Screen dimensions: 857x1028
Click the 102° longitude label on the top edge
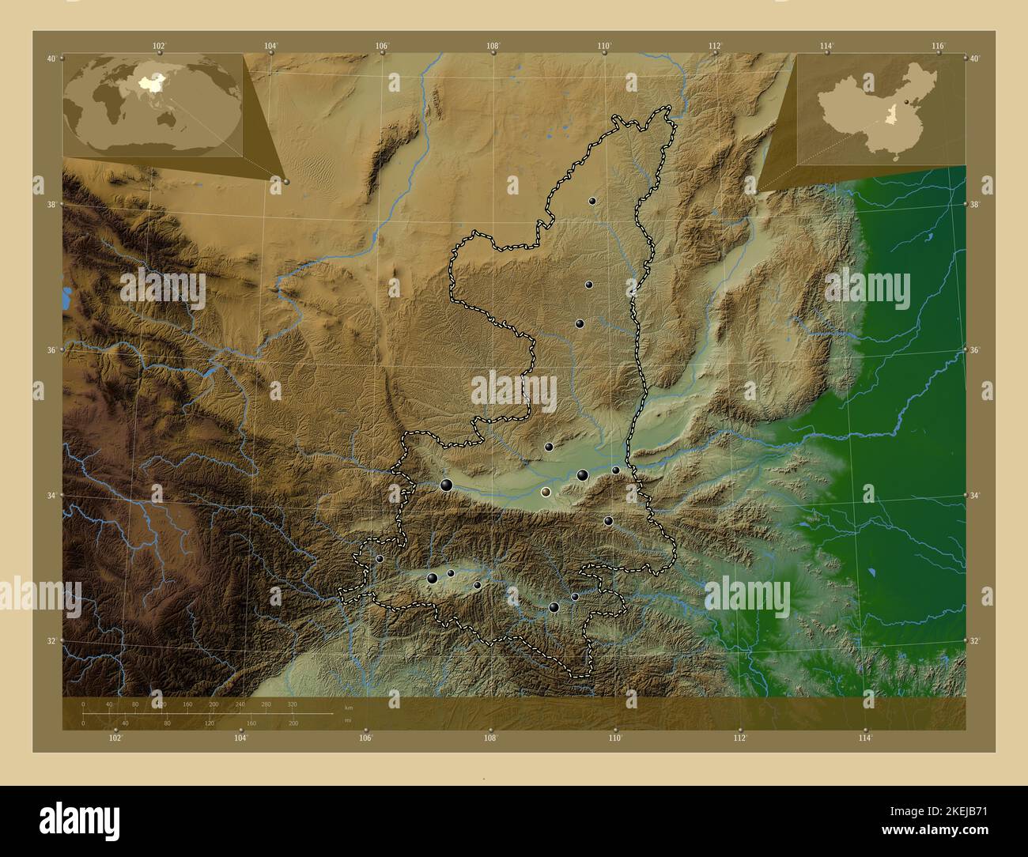160,46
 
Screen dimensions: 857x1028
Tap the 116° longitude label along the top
938,46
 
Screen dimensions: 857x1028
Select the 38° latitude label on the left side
51,204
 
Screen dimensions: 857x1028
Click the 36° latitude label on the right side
975,349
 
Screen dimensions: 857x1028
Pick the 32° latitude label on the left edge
51,640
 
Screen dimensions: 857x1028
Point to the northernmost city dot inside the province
591,201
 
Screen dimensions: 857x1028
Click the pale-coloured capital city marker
545,492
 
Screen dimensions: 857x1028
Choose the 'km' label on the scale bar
348,706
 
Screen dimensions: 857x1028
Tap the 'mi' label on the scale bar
348,720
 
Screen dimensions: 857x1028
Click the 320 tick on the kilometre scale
292,704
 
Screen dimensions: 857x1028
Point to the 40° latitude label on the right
975,59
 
